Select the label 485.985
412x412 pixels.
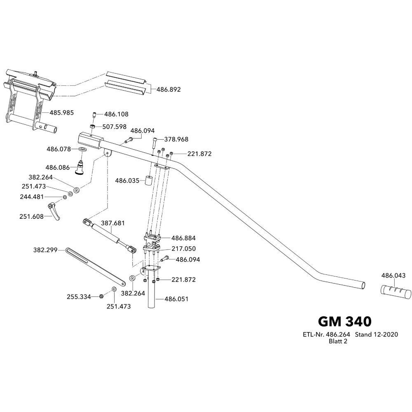tap(62, 112)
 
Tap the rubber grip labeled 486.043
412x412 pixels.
tap(396, 292)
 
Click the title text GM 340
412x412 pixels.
tap(344, 321)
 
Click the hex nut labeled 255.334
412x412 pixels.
tap(101, 296)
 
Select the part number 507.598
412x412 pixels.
tap(115, 127)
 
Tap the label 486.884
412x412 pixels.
tap(183, 238)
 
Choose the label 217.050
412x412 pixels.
tap(183, 248)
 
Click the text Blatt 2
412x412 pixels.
tap(338, 341)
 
